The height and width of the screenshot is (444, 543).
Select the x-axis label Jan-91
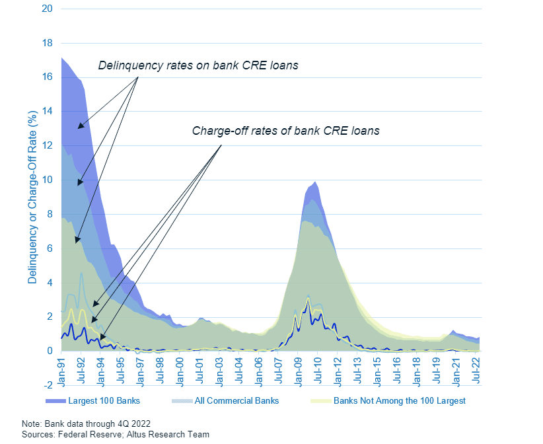point(62,371)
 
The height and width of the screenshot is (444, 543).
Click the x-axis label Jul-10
point(318,371)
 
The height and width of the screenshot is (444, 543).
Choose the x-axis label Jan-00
point(180,371)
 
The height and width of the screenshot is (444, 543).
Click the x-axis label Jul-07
point(278,371)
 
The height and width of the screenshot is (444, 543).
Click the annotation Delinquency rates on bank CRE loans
point(198,65)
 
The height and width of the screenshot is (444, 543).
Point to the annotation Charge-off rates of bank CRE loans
point(285,130)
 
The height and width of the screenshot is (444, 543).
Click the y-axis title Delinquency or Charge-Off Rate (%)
point(32,198)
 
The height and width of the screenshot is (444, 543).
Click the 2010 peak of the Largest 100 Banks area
point(316,182)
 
